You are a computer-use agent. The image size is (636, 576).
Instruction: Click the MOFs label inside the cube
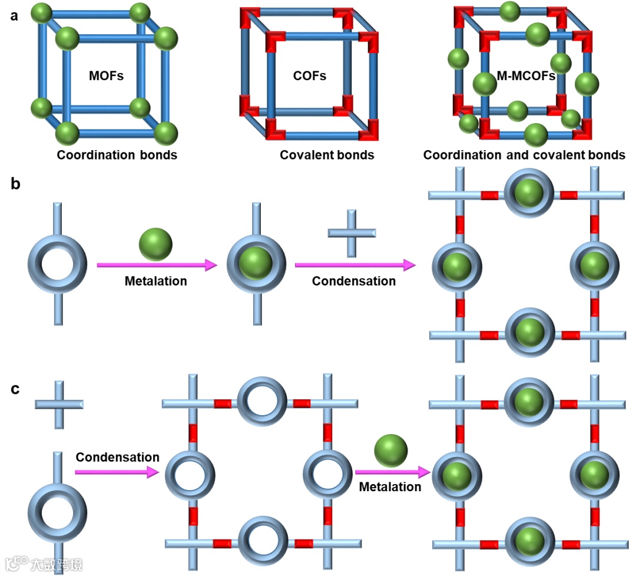pos(106,75)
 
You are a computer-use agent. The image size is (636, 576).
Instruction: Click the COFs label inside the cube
pos(309,75)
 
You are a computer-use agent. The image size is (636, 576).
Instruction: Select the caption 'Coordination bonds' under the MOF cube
pos(117,155)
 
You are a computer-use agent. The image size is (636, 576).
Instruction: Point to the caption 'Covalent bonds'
pos(327,155)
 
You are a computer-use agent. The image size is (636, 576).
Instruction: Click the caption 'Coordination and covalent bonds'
pos(524,155)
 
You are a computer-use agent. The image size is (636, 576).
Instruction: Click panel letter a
pos(15,16)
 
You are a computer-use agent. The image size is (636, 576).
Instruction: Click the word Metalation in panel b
pos(155,282)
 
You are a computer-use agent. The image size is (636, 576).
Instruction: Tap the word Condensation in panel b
pos(353,282)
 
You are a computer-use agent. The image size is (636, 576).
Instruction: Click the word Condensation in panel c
pos(117,457)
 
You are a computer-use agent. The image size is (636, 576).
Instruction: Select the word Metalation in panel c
pos(390,487)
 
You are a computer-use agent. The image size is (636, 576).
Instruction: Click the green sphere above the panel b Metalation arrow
pos(155,244)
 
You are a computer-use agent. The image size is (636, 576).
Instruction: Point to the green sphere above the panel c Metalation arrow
pos(390,451)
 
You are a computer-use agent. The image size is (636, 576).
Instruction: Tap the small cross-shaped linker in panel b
pos(351,233)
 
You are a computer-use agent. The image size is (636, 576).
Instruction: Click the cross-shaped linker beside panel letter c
pos(58,404)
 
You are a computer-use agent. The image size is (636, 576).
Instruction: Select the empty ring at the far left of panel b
pos(57,263)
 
